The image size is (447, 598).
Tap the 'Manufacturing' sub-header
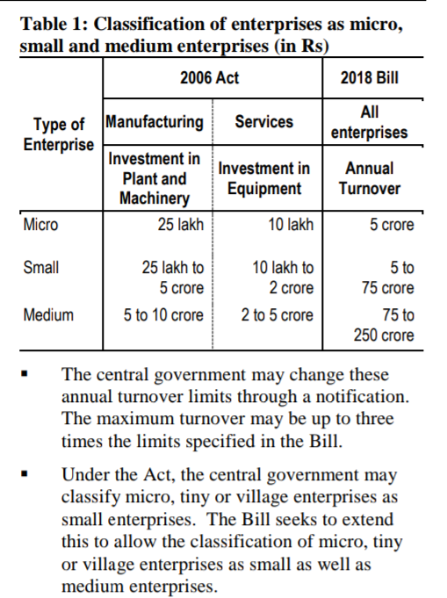155,121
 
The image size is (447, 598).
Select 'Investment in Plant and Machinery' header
155,179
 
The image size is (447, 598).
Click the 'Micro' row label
41,226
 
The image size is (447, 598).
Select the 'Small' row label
41,269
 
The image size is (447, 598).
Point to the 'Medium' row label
48,314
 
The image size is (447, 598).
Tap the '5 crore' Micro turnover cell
392,226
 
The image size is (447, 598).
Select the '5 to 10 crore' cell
163,314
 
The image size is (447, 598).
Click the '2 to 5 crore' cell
277,314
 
